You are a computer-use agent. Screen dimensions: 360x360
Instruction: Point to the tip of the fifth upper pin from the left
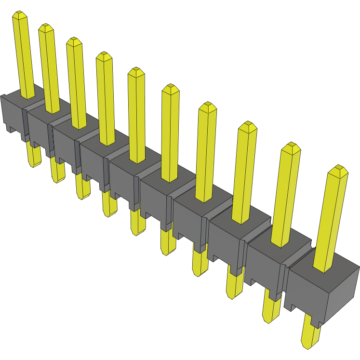136,71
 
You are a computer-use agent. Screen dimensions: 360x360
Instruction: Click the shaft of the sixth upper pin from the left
170,135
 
